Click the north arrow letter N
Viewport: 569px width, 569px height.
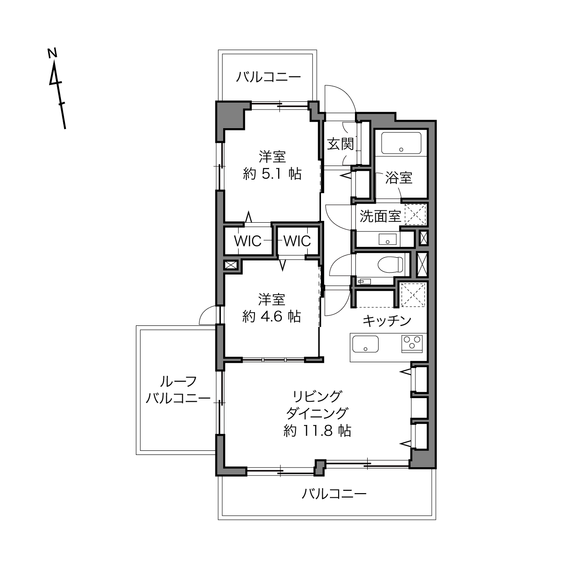coord(52,53)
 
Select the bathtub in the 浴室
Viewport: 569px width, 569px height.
coord(401,143)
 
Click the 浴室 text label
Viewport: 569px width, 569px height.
coord(399,178)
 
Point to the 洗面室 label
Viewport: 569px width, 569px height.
coord(380,216)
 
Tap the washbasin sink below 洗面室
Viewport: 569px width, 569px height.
coord(388,239)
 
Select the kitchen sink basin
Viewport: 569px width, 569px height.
coord(365,344)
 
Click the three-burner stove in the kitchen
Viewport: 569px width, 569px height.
coord(412,344)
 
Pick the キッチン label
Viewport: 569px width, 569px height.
coord(387,321)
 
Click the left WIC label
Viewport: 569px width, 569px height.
coord(248,241)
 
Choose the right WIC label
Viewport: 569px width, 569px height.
coord(297,241)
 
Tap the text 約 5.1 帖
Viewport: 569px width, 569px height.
coord(272,174)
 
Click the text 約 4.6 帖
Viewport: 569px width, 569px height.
coord(272,317)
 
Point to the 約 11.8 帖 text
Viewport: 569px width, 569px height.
coord(317,431)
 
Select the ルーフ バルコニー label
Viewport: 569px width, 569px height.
coord(178,390)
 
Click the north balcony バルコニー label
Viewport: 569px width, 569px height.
coord(268,77)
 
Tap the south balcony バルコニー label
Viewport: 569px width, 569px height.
coord(334,494)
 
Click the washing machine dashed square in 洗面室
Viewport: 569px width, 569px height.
coord(415,215)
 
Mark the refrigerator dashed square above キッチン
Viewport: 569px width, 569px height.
coord(413,294)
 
